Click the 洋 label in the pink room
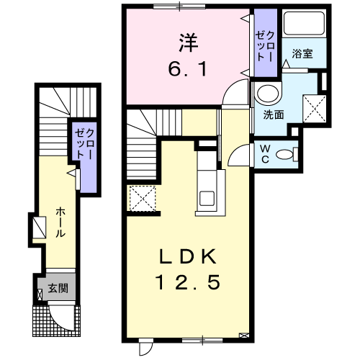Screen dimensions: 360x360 [189, 42]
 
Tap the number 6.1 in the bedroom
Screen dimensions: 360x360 [187, 69]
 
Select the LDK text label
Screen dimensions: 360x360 [188, 256]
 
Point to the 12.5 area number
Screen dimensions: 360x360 [188, 282]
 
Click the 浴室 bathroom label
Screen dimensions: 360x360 [302, 53]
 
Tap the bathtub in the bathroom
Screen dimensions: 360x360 [304, 23]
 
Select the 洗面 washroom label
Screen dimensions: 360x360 [274, 114]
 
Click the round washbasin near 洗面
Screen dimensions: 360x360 [268, 93]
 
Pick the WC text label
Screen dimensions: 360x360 [265, 154]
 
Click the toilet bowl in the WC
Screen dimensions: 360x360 [284, 154]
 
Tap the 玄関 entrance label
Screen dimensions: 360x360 [58, 288]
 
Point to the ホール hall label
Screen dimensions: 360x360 [60, 222]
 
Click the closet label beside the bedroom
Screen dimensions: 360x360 [265, 46]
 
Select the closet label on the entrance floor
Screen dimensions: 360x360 [84, 144]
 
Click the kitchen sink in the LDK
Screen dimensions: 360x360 [207, 198]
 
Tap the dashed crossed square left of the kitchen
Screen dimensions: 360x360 [143, 199]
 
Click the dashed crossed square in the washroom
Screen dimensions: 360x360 [315, 108]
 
